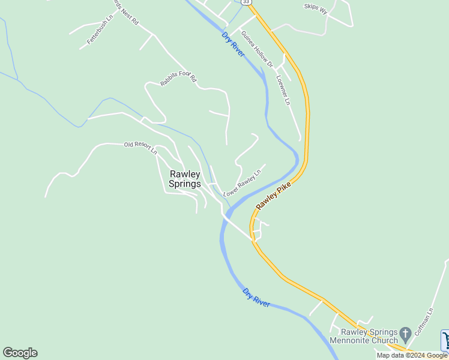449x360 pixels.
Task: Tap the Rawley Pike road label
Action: tap(273, 196)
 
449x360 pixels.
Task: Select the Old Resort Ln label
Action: tap(140, 147)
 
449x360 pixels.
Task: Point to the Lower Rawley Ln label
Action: tap(243, 183)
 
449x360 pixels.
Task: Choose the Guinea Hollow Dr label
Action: tap(257, 49)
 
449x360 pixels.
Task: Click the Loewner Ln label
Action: tap(283, 90)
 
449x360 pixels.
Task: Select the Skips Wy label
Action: tap(316, 8)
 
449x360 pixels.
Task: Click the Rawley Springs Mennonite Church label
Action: tap(369, 336)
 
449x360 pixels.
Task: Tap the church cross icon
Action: tap(405, 332)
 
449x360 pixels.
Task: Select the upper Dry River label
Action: tap(233, 44)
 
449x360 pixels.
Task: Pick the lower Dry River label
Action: tap(256, 298)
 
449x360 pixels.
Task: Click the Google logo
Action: tap(20, 353)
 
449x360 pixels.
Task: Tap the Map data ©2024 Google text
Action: tap(412, 355)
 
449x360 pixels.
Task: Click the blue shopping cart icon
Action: tap(445, 340)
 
